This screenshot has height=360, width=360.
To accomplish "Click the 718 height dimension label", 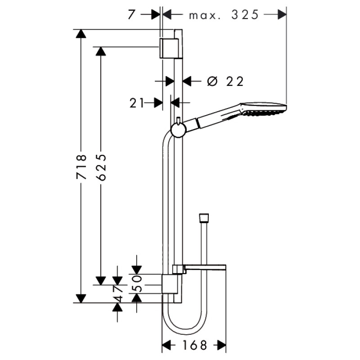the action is click(81, 166).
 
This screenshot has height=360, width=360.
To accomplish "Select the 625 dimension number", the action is click(101, 167).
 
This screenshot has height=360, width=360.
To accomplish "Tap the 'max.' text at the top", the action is click(205, 16).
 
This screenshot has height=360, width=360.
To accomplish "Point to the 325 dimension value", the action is click(245, 15).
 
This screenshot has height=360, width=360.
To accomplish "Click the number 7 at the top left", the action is click(131, 15).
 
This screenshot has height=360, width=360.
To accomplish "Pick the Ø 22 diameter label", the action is click(225, 81).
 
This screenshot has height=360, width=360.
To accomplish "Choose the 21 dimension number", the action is click(137, 103).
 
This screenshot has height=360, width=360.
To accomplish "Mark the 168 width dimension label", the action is click(195, 345).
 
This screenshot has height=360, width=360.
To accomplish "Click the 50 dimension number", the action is click(137, 284).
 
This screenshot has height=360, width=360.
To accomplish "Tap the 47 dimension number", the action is click(117, 294).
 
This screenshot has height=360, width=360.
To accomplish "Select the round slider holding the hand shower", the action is click(178, 130).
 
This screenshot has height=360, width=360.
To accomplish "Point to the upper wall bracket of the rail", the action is click(169, 48).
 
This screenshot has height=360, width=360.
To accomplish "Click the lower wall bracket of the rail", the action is click(170, 284).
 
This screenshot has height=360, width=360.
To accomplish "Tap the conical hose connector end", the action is click(204, 218).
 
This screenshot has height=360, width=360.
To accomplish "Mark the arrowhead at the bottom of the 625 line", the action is click(101, 281).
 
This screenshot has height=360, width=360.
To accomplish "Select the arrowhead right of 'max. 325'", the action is click(282, 15).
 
